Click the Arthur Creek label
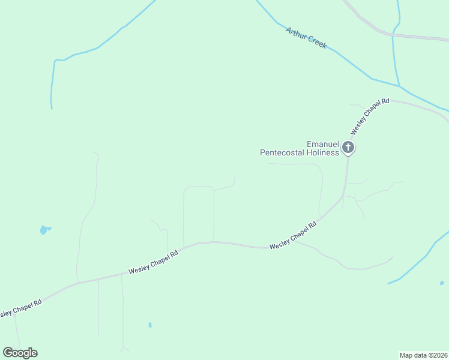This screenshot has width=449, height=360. pyautogui.click(x=306, y=38)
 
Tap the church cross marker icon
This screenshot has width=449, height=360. pyautogui.click(x=348, y=147)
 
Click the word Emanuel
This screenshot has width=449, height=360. pyautogui.click(x=323, y=144)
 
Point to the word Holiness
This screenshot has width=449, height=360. pyautogui.click(x=325, y=152)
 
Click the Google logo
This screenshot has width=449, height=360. pyautogui.click(x=20, y=353)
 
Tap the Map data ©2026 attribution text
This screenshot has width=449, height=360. pyautogui.click(x=424, y=355)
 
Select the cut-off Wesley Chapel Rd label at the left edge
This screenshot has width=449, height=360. pyautogui.click(x=20, y=308)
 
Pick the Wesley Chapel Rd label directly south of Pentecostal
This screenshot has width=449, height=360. pyautogui.click(x=293, y=236)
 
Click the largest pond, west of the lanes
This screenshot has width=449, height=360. pyautogui.click(x=44, y=230)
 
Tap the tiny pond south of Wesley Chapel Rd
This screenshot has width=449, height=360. pyautogui.click(x=150, y=325)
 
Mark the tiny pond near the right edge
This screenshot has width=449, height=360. pyautogui.click(x=442, y=283)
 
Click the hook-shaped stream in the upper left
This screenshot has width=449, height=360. pyautogui.click(x=53, y=78)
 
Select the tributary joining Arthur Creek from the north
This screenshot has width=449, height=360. pyautogui.click(x=394, y=48)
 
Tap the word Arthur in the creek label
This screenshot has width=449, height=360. pyautogui.click(x=297, y=34)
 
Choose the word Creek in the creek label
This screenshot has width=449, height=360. pyautogui.click(x=316, y=43)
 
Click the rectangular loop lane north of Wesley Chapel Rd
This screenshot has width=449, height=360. pyautogui.click(x=199, y=187)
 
